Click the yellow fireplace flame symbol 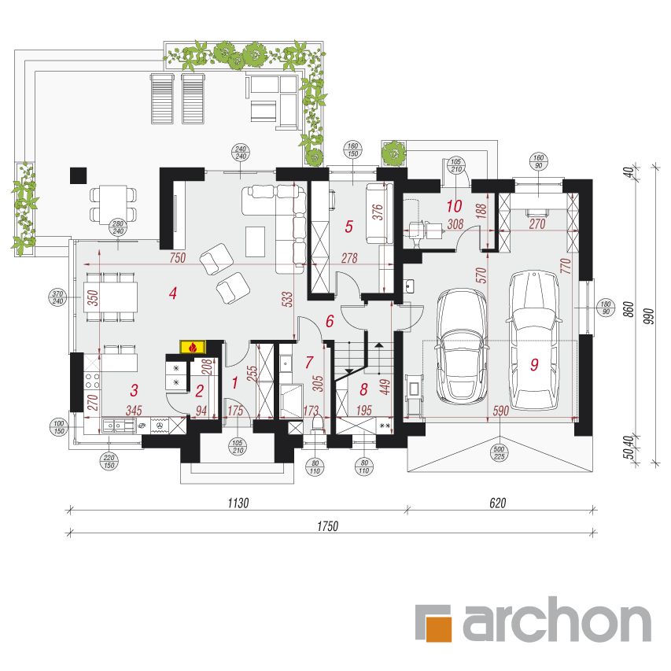[194, 347]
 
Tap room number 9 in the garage [534, 364]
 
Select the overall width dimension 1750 [328, 526]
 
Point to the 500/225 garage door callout [500, 453]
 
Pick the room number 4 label [173, 293]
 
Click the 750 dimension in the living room [178, 257]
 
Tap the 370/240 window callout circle [57, 297]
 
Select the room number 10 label [455, 206]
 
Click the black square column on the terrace [79, 175]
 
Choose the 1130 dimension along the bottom [238, 503]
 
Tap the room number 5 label [349, 227]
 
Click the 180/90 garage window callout [606, 308]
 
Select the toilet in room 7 [317, 424]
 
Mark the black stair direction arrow [379, 345]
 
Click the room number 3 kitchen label [135, 390]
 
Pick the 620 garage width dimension [498, 503]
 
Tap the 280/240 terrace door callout [118, 227]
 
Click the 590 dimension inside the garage [500, 411]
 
